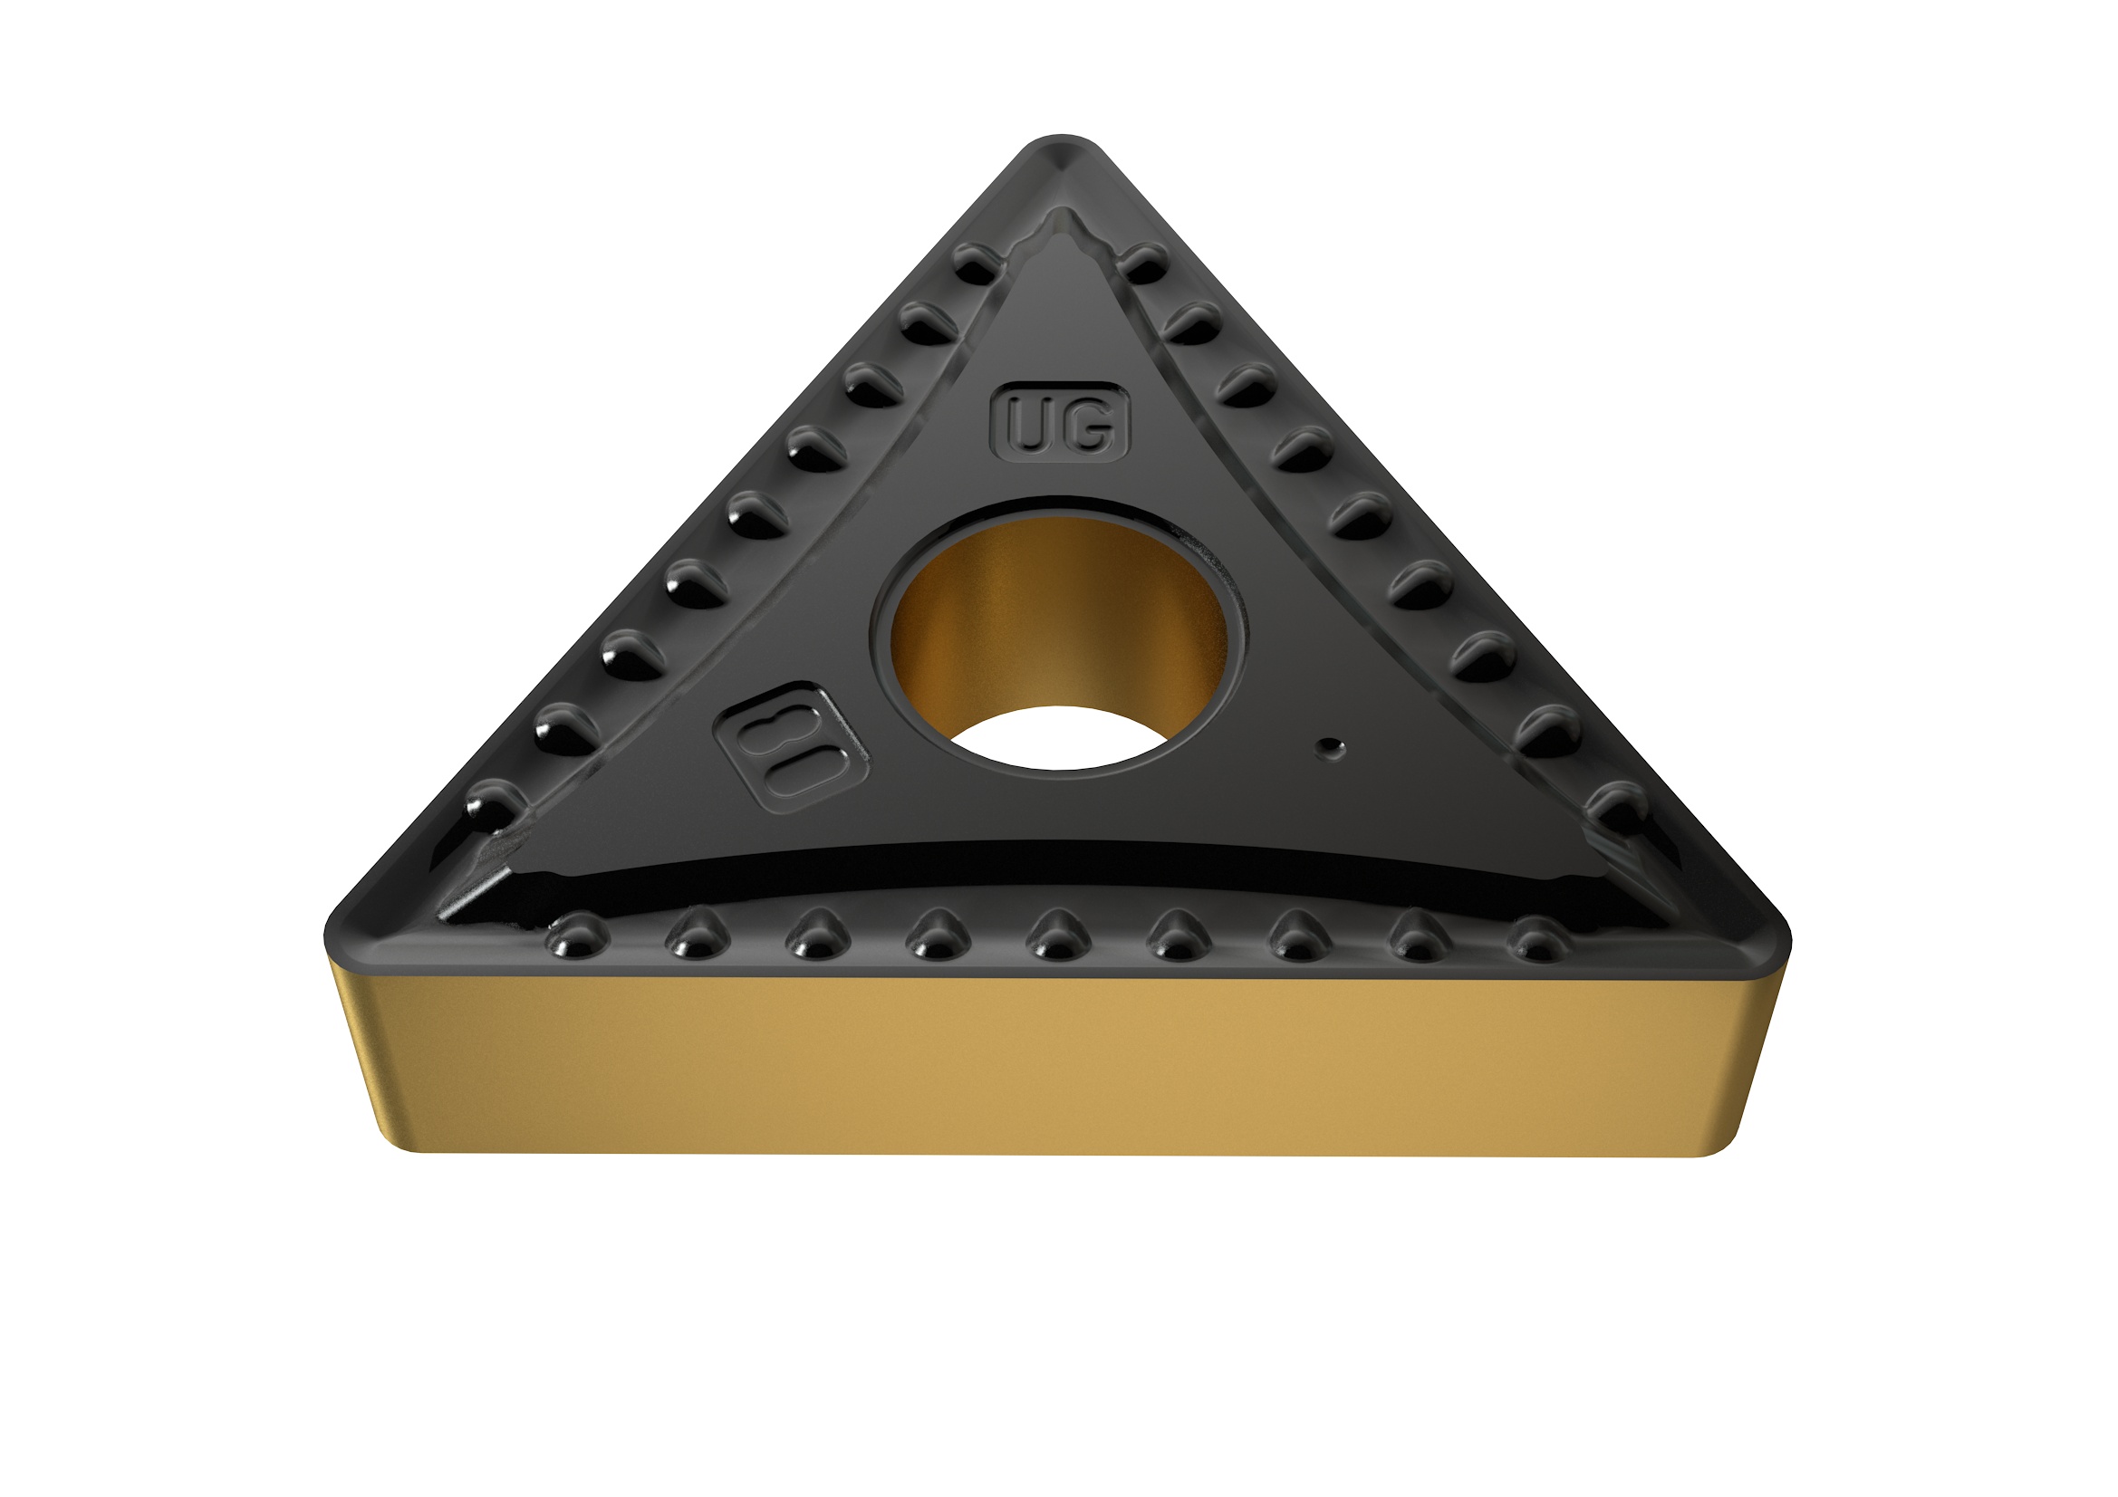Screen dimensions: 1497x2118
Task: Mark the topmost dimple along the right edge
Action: pos(1144,264)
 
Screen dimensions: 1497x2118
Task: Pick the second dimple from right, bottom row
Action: pos(1419,936)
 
